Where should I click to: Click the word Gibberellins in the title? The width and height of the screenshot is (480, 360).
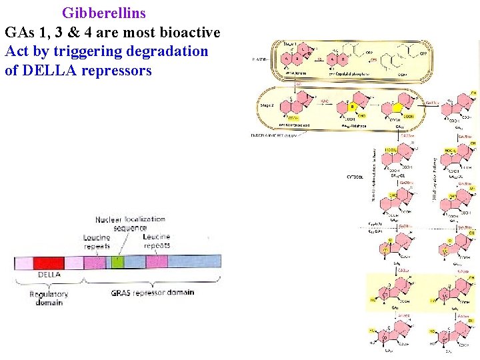tap(104, 13)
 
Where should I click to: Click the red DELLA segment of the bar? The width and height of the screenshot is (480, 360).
tap(48, 262)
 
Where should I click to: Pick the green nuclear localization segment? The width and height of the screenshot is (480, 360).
tap(117, 262)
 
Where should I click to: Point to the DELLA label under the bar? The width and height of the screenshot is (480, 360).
tap(49, 274)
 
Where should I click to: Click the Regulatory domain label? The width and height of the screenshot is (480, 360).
tap(49, 297)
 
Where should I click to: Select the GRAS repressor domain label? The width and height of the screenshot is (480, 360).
tap(153, 292)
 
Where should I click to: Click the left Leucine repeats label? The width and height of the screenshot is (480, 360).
tap(97, 241)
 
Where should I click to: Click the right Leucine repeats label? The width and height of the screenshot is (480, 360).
tap(157, 241)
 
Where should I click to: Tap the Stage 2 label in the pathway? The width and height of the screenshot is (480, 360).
tap(267, 105)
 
